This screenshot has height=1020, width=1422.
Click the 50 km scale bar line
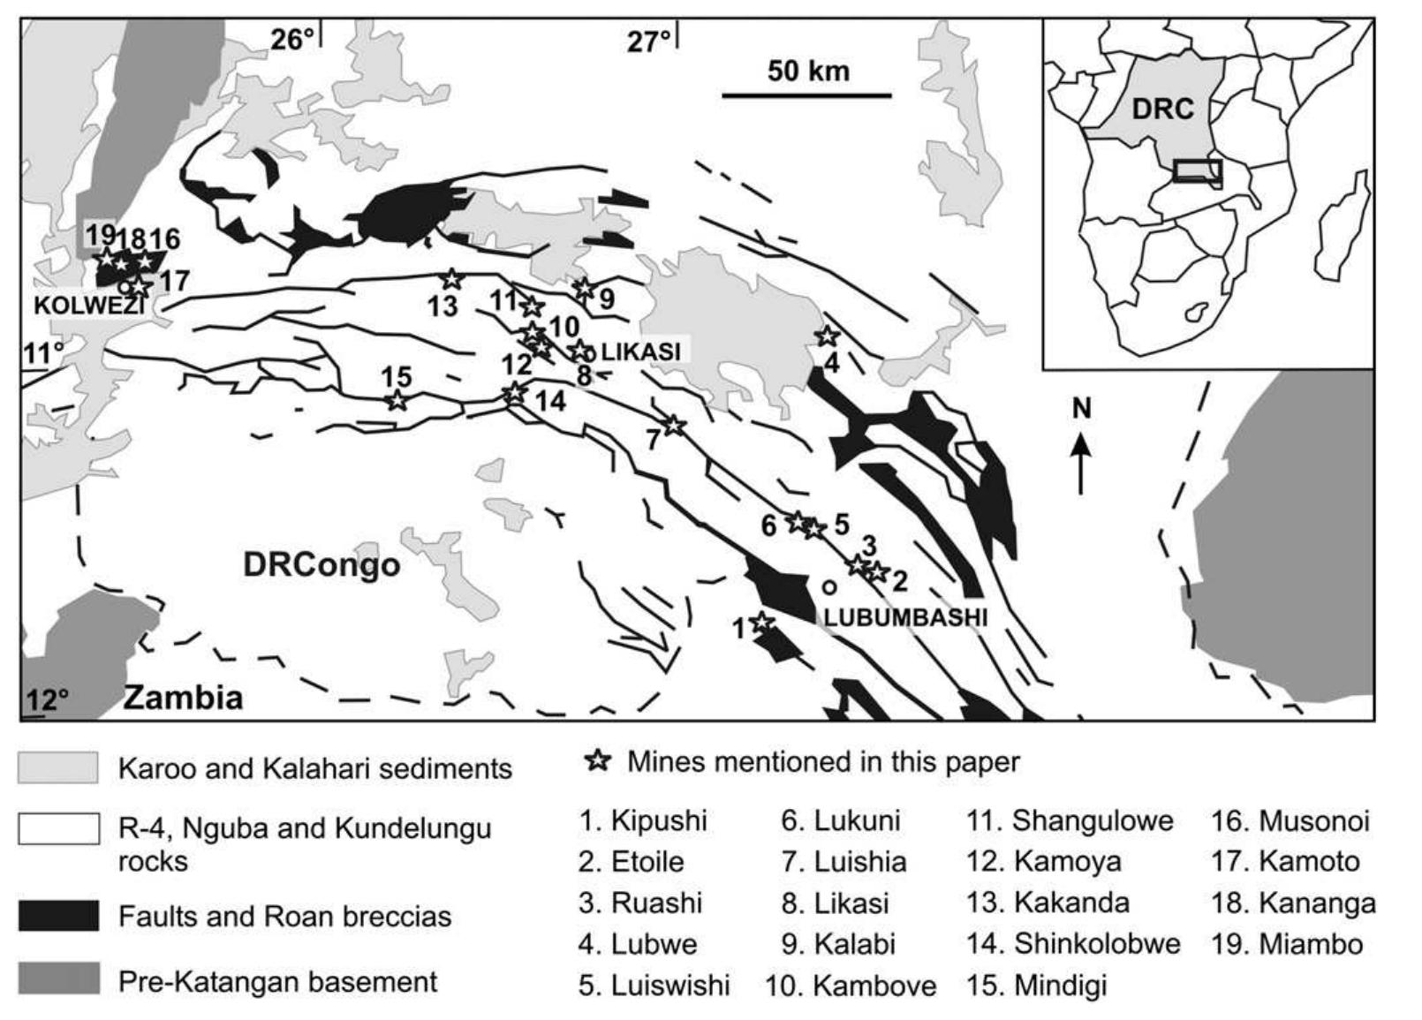click(x=806, y=94)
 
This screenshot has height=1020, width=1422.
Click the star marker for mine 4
click(x=827, y=336)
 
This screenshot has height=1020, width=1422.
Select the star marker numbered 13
click(x=451, y=279)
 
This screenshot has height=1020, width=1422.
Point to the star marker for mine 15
click(x=397, y=400)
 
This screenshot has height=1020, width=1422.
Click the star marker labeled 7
click(x=674, y=426)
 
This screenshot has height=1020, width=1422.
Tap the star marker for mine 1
click(x=761, y=623)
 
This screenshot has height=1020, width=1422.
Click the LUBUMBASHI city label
click(x=904, y=616)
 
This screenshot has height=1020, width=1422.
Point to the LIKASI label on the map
click(x=641, y=351)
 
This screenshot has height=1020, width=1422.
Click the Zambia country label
click(x=183, y=698)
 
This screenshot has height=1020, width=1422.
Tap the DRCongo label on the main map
click(x=321, y=565)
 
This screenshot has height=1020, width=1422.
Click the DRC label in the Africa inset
click(x=1163, y=109)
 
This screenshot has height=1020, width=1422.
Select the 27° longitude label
click(x=649, y=41)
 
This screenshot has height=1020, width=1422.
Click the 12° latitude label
click(x=47, y=699)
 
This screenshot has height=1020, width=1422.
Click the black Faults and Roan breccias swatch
click(x=58, y=916)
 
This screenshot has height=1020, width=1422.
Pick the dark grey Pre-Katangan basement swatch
click(x=58, y=980)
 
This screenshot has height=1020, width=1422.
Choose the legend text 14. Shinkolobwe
click(x=1072, y=943)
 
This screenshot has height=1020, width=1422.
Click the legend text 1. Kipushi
click(x=643, y=820)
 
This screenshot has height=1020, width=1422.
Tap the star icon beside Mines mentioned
click(x=599, y=759)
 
